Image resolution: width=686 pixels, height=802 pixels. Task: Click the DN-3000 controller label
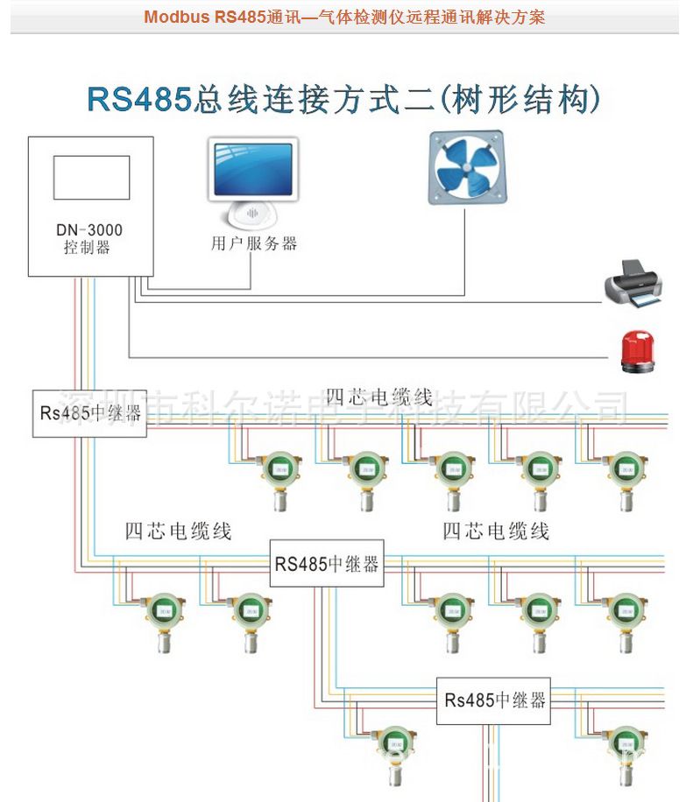point(89,238)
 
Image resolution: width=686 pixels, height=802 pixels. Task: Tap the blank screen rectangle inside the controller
point(91,179)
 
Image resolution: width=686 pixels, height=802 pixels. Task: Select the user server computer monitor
point(253,171)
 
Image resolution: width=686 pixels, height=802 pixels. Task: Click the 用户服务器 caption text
point(254,244)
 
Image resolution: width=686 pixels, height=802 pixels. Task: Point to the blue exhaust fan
point(466,167)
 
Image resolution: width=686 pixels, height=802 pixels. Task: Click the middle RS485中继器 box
point(327,563)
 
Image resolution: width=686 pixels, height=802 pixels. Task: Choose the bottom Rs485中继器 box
point(494,700)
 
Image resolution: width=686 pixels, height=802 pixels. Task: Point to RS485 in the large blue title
point(138,99)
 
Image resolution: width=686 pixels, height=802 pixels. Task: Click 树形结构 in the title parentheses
point(523,99)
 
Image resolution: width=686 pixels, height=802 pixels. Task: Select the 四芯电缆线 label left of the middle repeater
point(178,531)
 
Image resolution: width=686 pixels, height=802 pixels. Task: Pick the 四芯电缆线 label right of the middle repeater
point(495,531)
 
